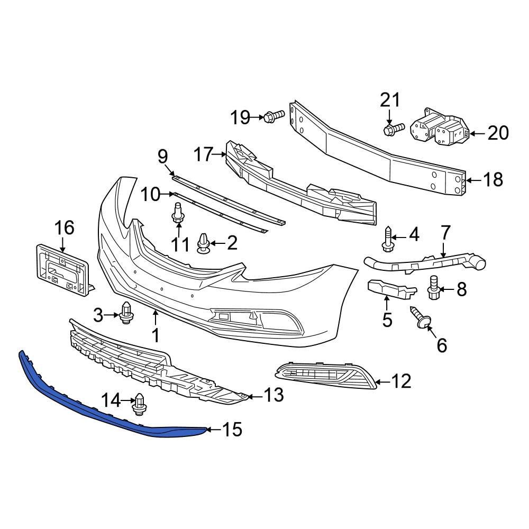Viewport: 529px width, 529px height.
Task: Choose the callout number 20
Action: tap(497, 133)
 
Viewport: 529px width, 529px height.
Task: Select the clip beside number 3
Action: tap(126, 312)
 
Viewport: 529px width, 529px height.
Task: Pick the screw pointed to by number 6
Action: tap(421, 318)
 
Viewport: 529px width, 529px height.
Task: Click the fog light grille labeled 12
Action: tap(325, 374)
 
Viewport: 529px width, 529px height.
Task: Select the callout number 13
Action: tap(273, 394)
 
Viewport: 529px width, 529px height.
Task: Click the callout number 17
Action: tap(203, 155)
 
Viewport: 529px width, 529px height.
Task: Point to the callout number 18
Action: tap(492, 180)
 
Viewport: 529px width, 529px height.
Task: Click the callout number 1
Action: tap(156, 335)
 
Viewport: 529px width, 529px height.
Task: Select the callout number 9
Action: tap(162, 156)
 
